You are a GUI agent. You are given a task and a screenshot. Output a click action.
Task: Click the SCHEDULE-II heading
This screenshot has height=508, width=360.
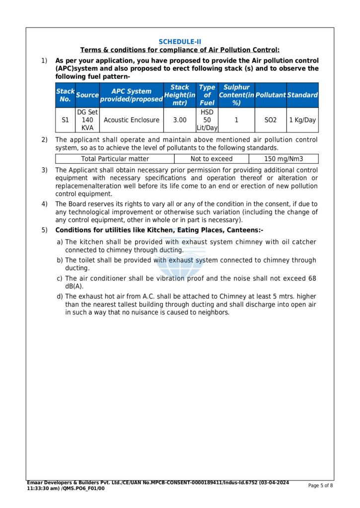(x=180, y=42)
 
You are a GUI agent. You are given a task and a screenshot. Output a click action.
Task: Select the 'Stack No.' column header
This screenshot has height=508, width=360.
(x=65, y=95)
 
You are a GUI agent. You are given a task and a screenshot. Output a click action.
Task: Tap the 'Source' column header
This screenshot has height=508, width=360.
(x=87, y=95)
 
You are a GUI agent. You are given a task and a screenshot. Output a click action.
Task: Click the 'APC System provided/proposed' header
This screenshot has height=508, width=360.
(x=131, y=95)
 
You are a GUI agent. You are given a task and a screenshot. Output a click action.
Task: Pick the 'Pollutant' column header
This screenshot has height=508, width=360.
(x=271, y=95)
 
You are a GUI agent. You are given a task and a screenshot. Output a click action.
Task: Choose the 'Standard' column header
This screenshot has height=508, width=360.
(x=302, y=95)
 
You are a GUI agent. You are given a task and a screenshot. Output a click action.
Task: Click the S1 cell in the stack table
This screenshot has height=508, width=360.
(x=65, y=120)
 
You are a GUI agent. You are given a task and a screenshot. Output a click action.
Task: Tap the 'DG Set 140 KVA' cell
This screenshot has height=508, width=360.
(x=87, y=120)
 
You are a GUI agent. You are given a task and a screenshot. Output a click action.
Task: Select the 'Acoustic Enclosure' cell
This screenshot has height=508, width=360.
(x=131, y=120)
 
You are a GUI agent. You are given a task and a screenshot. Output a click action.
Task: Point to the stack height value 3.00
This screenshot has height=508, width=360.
(x=180, y=120)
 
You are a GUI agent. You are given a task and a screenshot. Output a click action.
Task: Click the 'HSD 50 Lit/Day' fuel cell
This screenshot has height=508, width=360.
(x=207, y=120)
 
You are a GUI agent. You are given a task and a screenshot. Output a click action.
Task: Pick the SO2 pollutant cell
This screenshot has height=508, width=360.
(x=271, y=120)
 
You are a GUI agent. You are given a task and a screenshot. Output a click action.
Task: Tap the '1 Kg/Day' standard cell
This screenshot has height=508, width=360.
(x=302, y=120)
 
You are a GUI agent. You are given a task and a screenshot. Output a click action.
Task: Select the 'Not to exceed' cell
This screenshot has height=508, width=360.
(x=212, y=159)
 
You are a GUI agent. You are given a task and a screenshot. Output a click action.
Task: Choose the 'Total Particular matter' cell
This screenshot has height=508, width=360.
(x=115, y=159)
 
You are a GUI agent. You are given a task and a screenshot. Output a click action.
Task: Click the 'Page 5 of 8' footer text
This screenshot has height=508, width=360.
(x=321, y=485)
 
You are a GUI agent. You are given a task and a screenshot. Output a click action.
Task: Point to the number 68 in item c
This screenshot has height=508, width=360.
(x=312, y=278)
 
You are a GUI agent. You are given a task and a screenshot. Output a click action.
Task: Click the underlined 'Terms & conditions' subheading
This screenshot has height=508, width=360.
(x=180, y=50)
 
